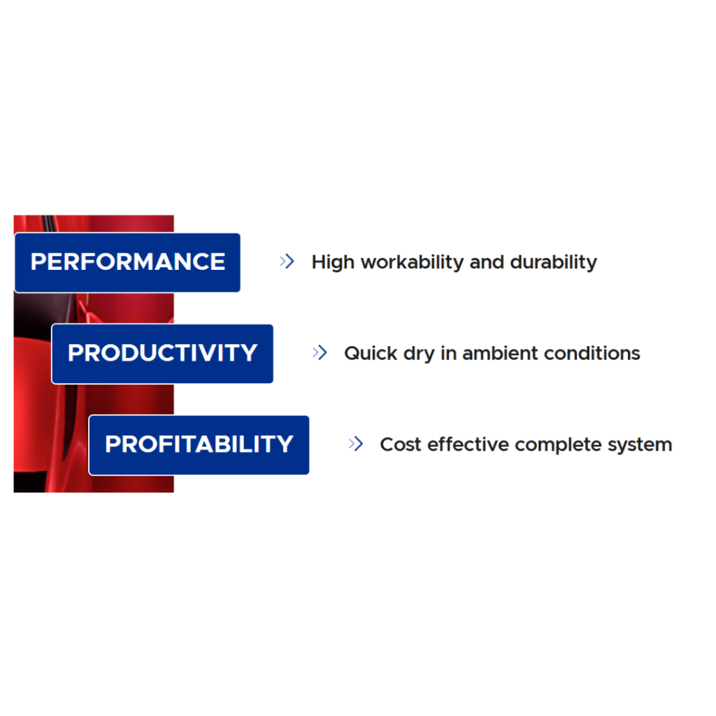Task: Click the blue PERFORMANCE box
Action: click(x=127, y=263)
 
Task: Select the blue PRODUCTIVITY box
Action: click(x=162, y=354)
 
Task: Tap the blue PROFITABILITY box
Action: click(x=199, y=445)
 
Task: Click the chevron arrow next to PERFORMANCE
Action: click(x=287, y=262)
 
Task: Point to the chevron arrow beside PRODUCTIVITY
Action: click(x=320, y=352)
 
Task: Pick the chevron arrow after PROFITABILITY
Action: click(x=356, y=444)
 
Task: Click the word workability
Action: click(x=413, y=263)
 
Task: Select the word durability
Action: click(x=554, y=263)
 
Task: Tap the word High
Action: click(x=333, y=263)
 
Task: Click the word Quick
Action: click(x=371, y=353)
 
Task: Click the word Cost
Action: click(x=401, y=445)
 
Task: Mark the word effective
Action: click(x=468, y=445)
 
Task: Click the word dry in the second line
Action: click(x=419, y=355)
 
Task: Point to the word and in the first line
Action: click(x=487, y=263)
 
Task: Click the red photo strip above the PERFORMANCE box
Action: click(x=94, y=224)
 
